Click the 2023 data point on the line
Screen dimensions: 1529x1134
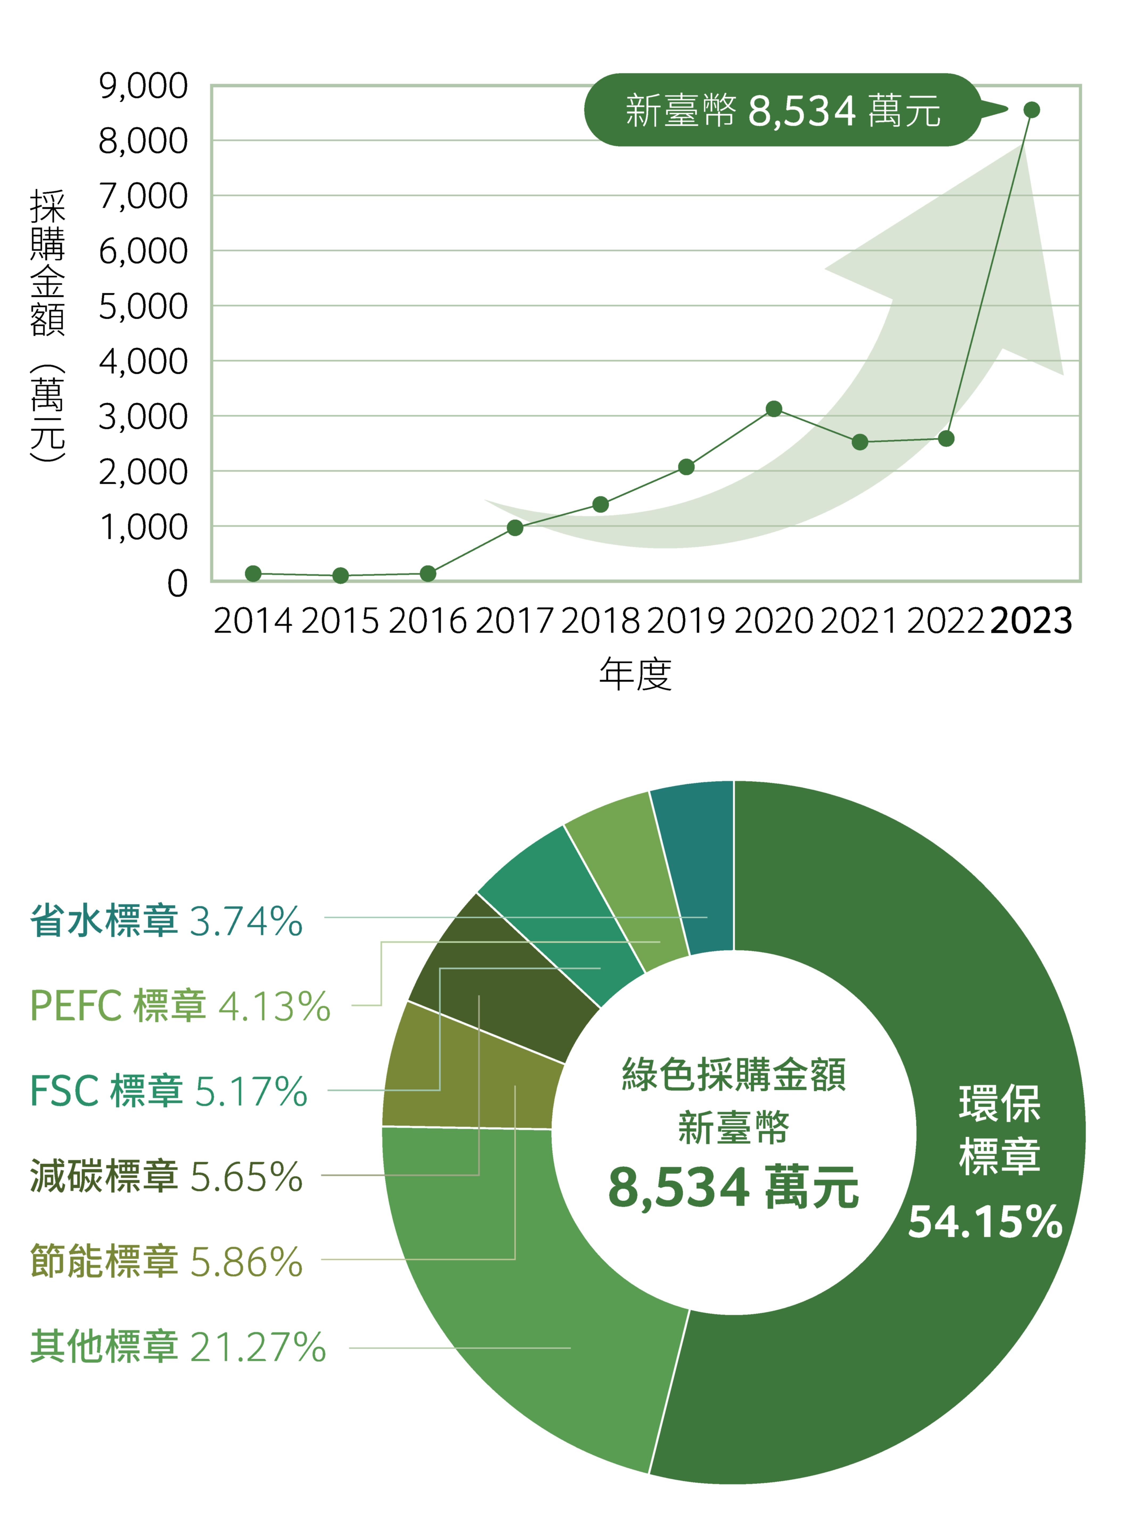click(x=1031, y=110)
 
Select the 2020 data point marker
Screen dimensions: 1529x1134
click(x=774, y=409)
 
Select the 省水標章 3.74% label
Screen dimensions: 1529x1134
click(x=166, y=921)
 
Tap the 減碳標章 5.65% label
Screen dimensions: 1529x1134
click(x=166, y=1175)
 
